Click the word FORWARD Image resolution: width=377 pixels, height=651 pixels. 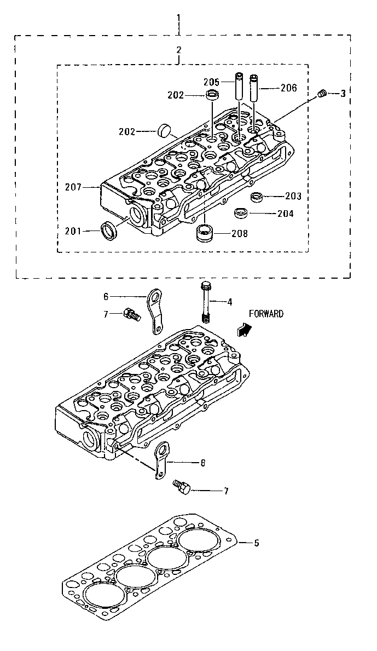pos(266,314)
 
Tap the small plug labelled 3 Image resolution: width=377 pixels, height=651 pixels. pos(322,94)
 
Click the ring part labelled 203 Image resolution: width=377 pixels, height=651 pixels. pos(256,196)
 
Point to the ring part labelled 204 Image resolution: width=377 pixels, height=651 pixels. pos(240,212)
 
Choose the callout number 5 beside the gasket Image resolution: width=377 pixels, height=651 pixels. pos(256,543)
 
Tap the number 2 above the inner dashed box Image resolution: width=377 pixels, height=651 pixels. pos(178,50)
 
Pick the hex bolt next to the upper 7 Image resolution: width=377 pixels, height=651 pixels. pos(131,314)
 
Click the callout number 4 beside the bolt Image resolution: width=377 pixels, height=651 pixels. pos(230,301)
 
